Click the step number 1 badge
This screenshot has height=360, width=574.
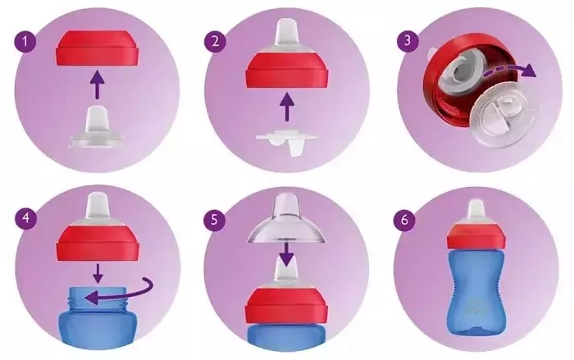[25, 42]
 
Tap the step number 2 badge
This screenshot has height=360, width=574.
[215, 42]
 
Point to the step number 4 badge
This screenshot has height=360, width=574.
[26, 219]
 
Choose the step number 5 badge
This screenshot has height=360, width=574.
[215, 220]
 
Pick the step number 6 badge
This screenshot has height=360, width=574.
[404, 221]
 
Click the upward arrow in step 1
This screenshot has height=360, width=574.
[97, 85]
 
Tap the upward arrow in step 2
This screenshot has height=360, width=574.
[287, 107]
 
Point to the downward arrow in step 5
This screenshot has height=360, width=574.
[286, 253]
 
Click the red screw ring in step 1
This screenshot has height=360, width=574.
[98, 48]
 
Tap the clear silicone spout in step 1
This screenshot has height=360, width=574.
[97, 127]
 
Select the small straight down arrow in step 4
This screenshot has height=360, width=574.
[98, 272]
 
